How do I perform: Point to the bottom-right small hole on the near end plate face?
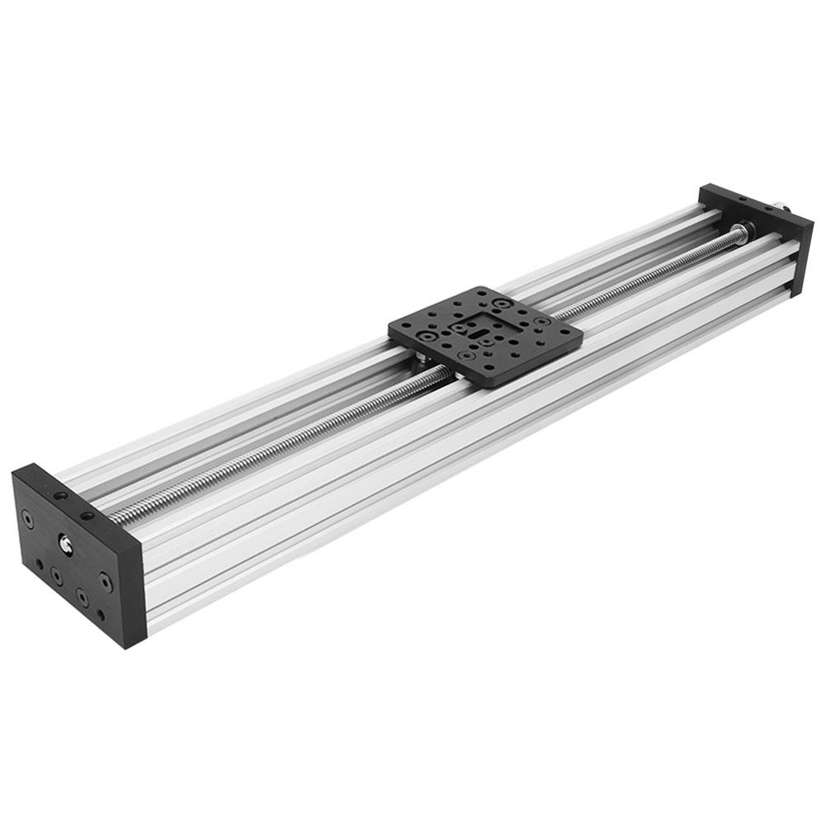click(101, 615)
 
